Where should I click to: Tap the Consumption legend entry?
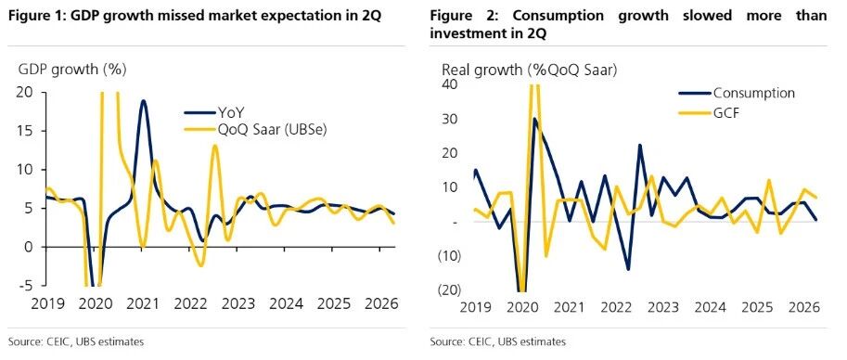coord(737,93)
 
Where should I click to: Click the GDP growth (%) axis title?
coord(72,70)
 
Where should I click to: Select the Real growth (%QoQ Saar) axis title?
coord(530,71)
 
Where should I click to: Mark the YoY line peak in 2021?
coord(143,100)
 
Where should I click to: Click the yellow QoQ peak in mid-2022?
coord(215,146)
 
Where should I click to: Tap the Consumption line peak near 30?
coord(534,119)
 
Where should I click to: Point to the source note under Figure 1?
coord(76,341)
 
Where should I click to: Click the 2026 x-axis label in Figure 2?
coord(805,307)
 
